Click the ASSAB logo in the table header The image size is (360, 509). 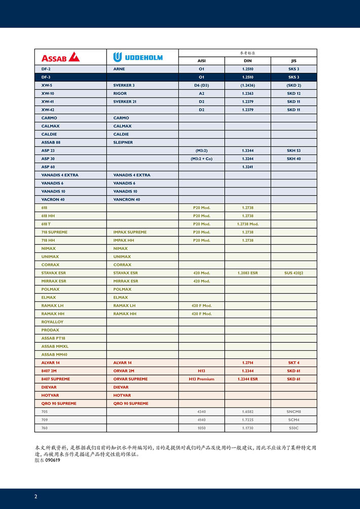coord(60,57)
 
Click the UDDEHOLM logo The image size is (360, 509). coord(138,57)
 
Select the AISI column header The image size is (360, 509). coord(201,61)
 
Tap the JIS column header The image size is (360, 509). coord(294,61)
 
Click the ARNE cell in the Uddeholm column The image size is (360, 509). coord(119,69)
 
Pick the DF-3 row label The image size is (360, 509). coord(46,77)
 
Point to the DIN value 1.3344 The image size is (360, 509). coord(247,151)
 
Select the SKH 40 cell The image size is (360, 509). coord(294,159)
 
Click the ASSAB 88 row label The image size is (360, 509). coord(51,142)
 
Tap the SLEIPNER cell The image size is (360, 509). coord(123,142)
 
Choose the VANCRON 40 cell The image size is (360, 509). coord(127,199)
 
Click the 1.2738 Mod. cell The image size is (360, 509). coord(247,224)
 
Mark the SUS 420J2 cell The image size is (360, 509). coord(294,273)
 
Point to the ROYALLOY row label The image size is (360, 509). coord(52,322)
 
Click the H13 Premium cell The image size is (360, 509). coord(201,379)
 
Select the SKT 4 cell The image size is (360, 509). coord(294,363)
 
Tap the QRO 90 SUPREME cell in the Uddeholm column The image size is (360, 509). coord(131,404)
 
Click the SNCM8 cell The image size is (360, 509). coord(294,412)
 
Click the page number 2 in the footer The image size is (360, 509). coord(35,496)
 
